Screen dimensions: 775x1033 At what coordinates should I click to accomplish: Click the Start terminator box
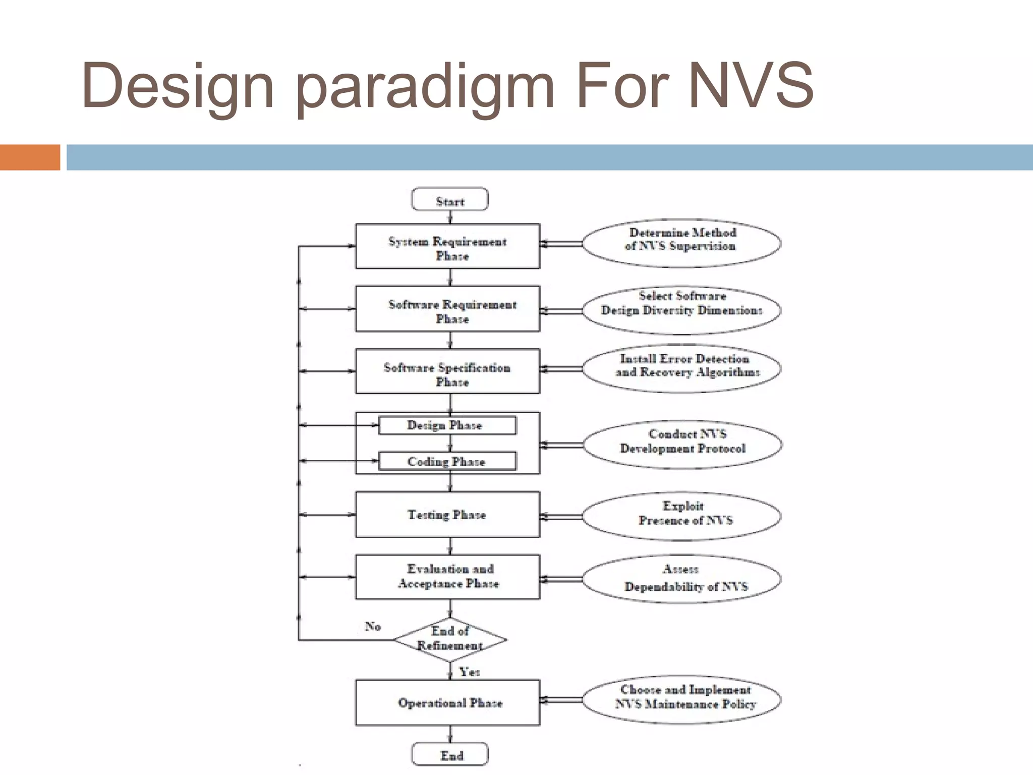450,199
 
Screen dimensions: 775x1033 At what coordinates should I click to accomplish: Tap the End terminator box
450,754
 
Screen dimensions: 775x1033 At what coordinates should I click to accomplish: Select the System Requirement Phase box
447,246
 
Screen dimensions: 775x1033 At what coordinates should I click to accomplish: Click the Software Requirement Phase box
447,309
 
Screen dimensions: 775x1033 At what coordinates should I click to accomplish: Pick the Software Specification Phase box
447,371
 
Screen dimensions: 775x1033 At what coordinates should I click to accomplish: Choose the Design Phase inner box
447,425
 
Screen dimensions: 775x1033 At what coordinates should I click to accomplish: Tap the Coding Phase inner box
447,461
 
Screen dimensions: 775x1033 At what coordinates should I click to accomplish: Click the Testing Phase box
447,515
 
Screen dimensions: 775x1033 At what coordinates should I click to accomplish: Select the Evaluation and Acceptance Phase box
447,577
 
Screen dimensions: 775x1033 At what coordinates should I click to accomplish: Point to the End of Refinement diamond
450,639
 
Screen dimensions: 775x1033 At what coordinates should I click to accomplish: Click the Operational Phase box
447,703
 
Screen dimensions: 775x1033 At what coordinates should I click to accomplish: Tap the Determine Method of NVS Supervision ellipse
681,243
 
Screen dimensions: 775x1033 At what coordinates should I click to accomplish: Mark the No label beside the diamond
373,626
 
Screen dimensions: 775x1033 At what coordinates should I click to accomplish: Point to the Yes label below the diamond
469,672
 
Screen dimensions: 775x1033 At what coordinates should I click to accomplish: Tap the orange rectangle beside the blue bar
30,157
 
